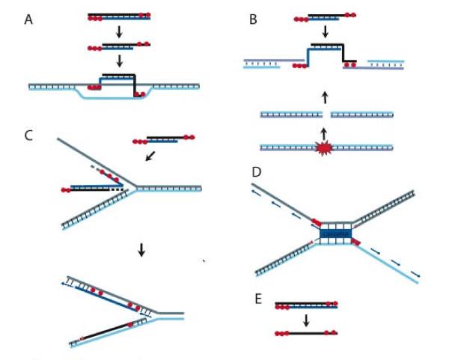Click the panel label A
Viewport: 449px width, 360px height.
pos(28,20)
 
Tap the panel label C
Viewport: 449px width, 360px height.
pos(28,135)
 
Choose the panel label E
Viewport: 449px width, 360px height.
pos(257,298)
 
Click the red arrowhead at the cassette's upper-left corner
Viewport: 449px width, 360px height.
pos(315,222)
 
